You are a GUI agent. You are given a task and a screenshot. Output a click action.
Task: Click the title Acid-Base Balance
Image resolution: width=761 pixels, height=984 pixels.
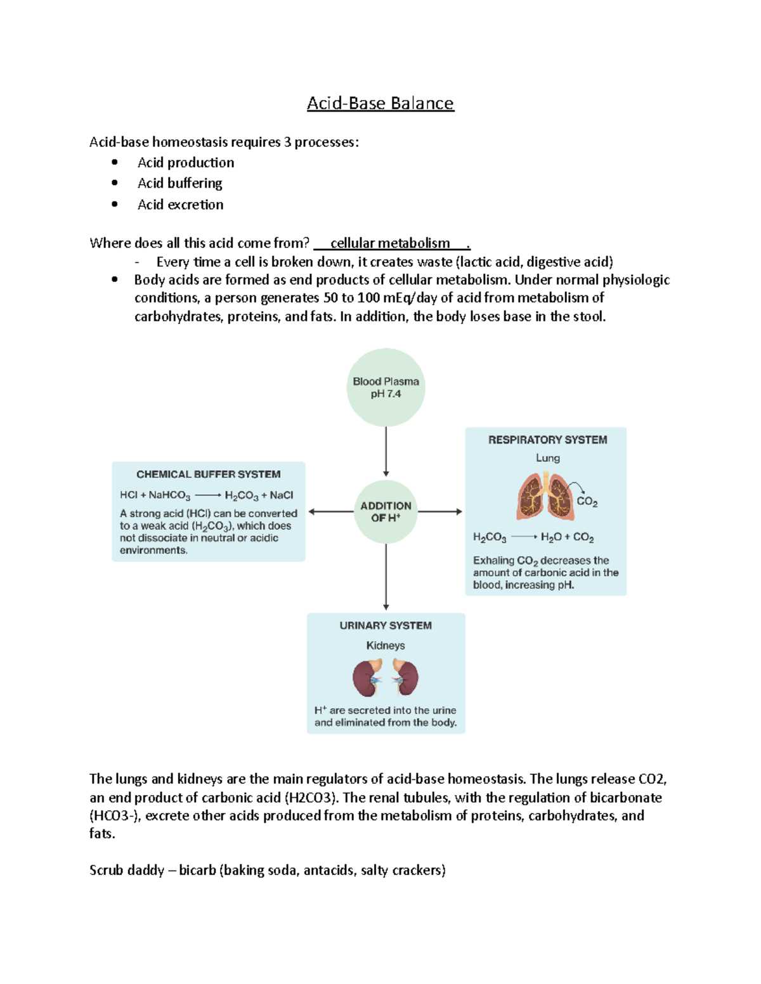pos(380,103)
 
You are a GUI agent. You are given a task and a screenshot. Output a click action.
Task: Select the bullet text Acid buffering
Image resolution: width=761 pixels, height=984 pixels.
pos(179,183)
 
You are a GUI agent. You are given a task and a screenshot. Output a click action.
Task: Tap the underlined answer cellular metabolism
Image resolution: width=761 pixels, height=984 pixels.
pos(390,243)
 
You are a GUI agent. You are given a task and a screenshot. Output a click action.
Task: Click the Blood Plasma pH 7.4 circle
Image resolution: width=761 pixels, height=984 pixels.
pos(386,387)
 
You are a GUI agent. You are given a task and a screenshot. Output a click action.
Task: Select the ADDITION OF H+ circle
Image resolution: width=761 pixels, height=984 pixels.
pos(386,511)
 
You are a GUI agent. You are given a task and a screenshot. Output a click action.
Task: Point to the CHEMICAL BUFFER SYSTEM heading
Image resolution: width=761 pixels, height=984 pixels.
pos(208,474)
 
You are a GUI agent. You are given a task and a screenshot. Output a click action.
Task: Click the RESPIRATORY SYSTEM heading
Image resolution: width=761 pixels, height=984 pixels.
pos(547,440)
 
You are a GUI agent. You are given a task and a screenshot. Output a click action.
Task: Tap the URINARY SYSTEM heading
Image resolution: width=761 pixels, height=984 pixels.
pos(386,625)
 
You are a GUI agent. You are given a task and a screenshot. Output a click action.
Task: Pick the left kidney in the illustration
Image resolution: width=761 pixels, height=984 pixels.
pos(367,677)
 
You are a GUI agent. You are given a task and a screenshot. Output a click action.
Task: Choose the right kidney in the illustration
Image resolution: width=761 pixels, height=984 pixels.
pos(405,677)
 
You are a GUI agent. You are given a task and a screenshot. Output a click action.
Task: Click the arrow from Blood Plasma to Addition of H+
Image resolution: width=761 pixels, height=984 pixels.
pos(386,451)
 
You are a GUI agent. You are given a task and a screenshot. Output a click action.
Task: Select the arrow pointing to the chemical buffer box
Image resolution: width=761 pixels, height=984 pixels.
pos(330,512)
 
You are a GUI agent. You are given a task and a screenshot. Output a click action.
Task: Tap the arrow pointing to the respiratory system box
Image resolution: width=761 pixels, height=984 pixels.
pos(440,511)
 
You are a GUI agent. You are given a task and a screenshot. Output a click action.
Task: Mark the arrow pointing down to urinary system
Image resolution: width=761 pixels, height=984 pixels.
pos(386,577)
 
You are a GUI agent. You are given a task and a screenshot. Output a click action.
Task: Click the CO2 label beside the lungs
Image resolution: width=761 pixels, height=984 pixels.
pos(587,502)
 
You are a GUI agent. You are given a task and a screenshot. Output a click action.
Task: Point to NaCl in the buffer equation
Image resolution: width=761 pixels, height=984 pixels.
pos(282,495)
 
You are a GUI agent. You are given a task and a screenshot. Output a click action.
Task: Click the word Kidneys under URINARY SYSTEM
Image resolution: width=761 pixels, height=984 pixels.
pos(386,646)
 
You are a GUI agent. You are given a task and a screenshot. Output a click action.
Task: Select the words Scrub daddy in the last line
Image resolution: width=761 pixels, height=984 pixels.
pos(127,870)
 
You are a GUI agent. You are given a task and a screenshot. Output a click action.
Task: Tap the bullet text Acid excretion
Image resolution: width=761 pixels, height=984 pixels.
pos(180,205)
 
